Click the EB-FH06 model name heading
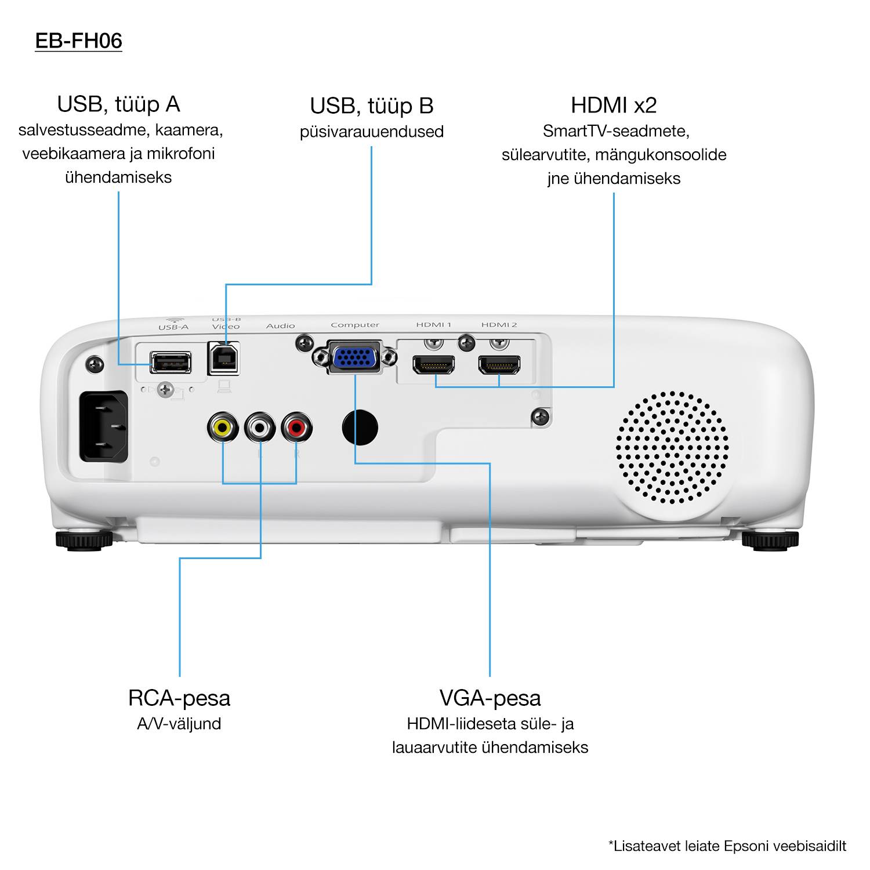click(x=78, y=41)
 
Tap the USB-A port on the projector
click(x=170, y=362)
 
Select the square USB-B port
click(x=223, y=359)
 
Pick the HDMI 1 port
click(x=433, y=365)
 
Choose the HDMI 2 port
click(x=499, y=365)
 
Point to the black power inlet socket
click(x=104, y=426)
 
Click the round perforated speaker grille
click(x=672, y=447)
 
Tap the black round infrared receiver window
click(x=360, y=428)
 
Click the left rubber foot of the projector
click(x=84, y=540)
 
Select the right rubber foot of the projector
click(x=770, y=540)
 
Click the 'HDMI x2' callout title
click(x=614, y=106)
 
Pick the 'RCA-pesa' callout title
click(x=179, y=698)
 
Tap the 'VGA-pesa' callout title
click(x=490, y=698)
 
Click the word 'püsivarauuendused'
click(x=372, y=132)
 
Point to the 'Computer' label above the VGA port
click(x=355, y=325)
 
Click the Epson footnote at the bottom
click(x=727, y=846)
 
